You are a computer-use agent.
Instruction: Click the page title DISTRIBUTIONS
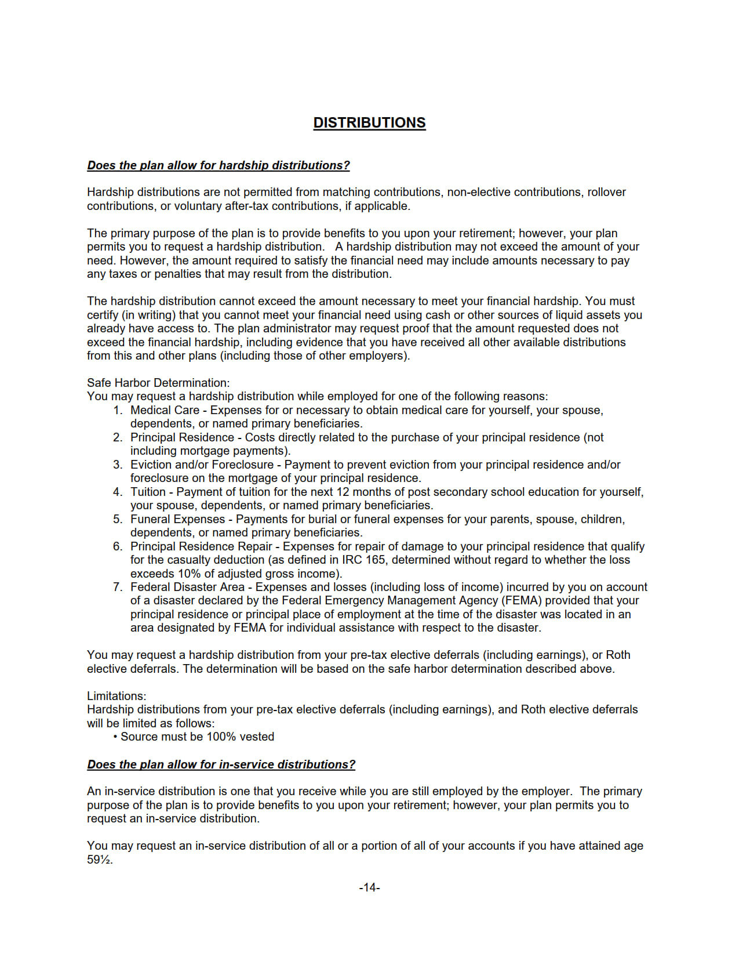369,123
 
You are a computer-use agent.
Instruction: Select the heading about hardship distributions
219,165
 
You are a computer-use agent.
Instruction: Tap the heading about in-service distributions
221,764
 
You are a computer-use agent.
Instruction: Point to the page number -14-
369,887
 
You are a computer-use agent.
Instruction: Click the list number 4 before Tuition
118,492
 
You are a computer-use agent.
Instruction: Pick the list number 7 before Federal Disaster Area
118,587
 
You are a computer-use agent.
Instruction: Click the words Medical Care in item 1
165,410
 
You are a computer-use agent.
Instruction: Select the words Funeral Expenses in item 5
177,519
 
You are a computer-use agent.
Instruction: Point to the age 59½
99,860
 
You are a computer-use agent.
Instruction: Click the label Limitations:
117,696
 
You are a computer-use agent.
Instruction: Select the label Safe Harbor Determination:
158,383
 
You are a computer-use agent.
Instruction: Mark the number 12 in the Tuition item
343,492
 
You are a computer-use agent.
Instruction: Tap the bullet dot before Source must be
115,737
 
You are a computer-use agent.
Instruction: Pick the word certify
103,315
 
